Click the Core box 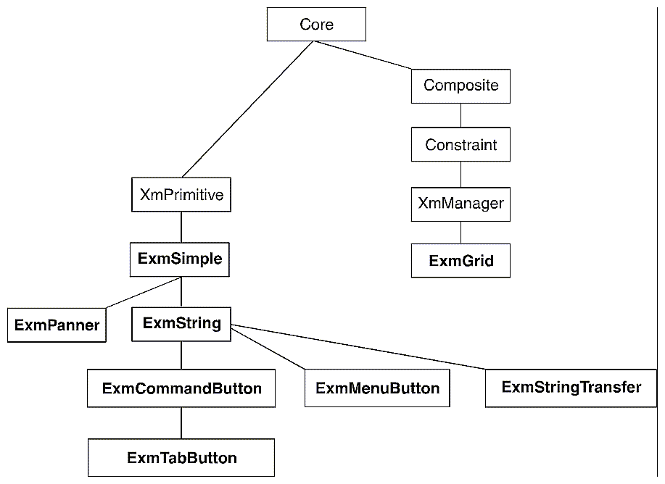316,25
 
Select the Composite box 460,85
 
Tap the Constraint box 460,145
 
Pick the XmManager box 460,204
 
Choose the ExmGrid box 460,261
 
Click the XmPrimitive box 181,194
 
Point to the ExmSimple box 180,259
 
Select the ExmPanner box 57,325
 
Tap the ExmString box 181,323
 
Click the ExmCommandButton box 181,388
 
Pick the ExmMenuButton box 377,388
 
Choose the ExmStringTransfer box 571,387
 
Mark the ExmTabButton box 181,458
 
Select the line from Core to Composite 363,55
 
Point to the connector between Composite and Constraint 460,115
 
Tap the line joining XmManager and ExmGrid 460,233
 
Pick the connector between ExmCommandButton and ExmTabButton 181,422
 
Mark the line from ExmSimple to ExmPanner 141,292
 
